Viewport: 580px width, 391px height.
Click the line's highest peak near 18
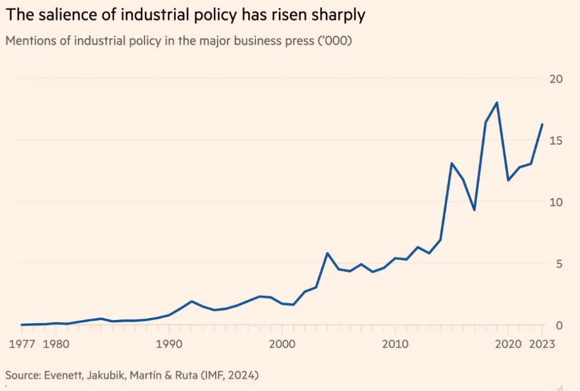tap(497, 102)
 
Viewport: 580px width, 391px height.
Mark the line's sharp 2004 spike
tap(327, 253)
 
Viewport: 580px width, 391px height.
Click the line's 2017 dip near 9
tap(474, 210)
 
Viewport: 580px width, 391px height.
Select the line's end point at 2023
tap(542, 124)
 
